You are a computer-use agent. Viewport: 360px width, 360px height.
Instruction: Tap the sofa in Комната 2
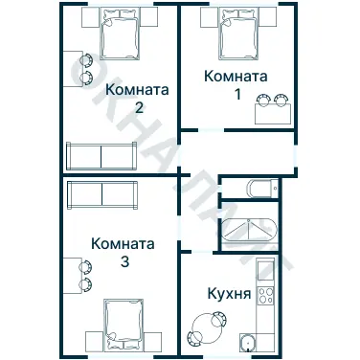click(x=101, y=154)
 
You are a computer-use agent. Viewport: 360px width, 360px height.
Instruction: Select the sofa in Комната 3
click(x=103, y=194)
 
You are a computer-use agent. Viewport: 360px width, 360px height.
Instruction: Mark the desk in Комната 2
click(x=72, y=70)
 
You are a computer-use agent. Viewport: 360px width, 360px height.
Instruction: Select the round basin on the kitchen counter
click(x=249, y=344)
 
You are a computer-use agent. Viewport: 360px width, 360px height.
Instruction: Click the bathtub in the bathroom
click(x=247, y=233)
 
